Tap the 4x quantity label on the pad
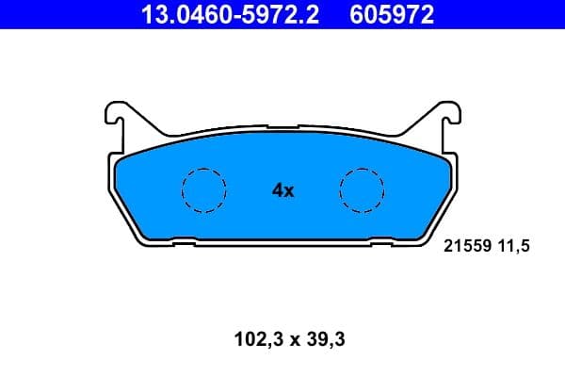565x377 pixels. tap(282, 190)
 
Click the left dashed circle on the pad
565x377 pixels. tap(203, 189)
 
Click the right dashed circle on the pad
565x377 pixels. tap(362, 189)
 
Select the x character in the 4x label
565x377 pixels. tap(290, 191)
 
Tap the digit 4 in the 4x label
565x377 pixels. tap(277, 190)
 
